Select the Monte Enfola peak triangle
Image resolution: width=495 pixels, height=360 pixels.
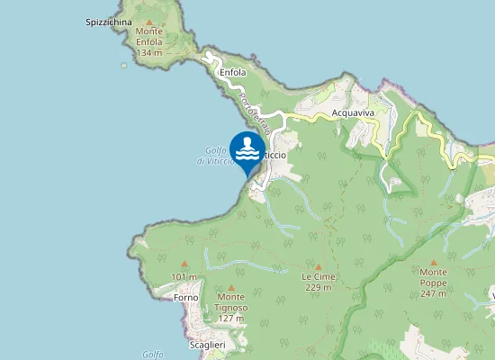tap(149, 21)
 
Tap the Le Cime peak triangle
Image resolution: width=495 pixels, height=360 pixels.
tap(319, 266)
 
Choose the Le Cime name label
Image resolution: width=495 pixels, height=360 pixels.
tap(319, 277)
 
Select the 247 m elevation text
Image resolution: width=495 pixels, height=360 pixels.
tap(433, 294)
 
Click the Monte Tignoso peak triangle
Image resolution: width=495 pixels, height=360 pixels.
tap(230, 288)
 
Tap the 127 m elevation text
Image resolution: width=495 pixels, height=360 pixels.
tap(230, 319)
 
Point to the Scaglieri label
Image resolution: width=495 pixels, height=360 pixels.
tap(207, 345)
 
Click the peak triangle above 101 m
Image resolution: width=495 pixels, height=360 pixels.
tap(184, 265)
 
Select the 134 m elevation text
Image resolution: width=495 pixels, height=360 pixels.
tap(149, 53)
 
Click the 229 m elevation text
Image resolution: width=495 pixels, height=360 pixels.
tap(319, 288)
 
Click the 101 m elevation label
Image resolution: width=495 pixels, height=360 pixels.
tap(184, 276)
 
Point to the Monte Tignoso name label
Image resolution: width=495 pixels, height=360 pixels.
tap(230, 302)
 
